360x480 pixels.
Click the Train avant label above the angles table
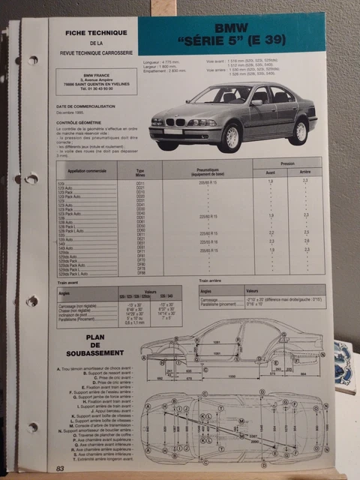[62, 279]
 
